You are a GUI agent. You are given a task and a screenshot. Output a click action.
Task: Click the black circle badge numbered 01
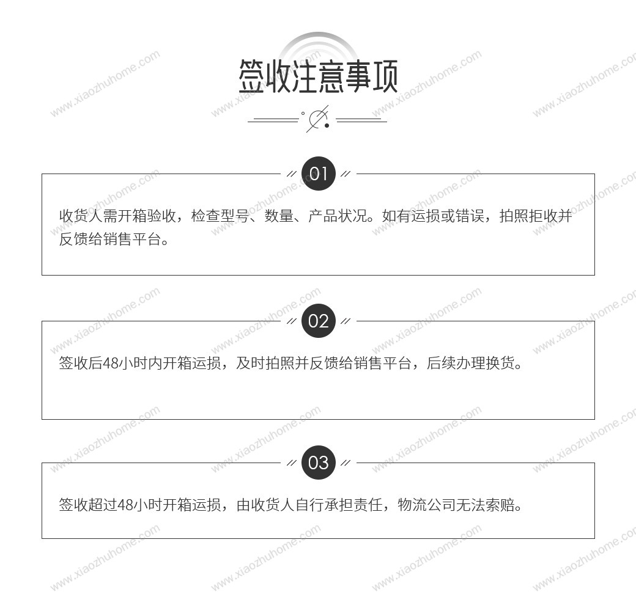319,174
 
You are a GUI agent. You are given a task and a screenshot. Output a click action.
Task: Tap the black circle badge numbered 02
319,321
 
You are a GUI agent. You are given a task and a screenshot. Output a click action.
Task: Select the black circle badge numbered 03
319,463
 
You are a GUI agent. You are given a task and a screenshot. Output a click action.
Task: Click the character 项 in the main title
385,76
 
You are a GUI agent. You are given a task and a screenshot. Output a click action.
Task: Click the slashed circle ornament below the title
319,120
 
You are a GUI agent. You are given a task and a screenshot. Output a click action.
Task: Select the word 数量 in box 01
279,216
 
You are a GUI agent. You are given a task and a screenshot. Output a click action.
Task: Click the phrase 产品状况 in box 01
338,216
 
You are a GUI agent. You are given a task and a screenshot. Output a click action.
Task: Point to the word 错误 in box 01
470,216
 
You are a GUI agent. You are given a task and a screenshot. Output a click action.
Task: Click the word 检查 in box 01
205,216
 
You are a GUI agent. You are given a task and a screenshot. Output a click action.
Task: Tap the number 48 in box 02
110,363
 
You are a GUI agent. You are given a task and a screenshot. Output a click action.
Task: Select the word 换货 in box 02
500,363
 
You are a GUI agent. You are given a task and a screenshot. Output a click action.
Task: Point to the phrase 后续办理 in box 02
456,363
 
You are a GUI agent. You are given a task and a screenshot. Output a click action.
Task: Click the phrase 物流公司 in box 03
426,505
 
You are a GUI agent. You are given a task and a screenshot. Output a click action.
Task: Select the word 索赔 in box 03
500,505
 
